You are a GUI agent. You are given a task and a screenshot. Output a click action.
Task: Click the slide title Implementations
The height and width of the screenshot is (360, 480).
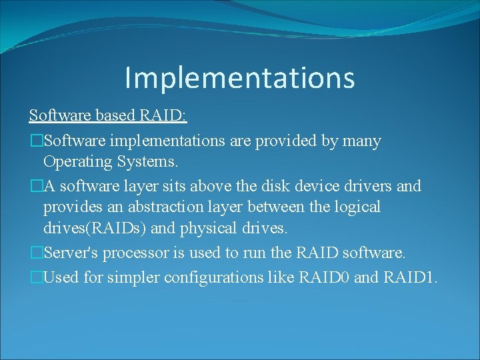click(239, 77)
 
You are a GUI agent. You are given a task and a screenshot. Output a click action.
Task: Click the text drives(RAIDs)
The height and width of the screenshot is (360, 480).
click(95, 228)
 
